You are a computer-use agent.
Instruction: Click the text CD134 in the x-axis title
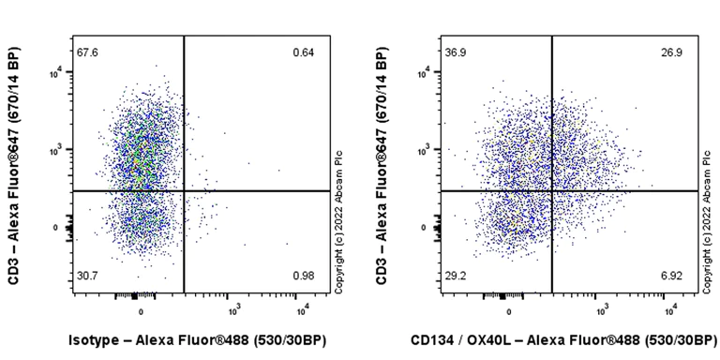(432, 341)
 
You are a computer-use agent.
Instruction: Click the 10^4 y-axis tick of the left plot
(56, 71)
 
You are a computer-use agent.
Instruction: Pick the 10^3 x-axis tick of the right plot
(602, 309)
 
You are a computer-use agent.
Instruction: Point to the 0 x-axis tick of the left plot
(141, 309)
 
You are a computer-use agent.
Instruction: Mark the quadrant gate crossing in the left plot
(184, 190)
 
